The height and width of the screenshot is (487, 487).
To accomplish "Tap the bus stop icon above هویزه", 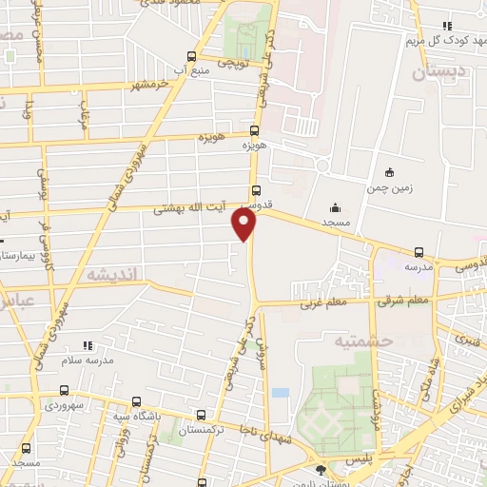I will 254,131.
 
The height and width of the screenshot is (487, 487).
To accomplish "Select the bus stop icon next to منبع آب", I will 192,56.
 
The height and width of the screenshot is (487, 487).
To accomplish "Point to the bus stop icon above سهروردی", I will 64,390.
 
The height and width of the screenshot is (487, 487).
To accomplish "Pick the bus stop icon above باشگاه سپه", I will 137,401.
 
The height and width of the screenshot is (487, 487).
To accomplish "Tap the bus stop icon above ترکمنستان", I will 201,415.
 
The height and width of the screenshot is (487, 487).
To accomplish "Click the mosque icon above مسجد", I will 334,208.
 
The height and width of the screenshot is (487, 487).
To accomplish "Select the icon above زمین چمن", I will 388,172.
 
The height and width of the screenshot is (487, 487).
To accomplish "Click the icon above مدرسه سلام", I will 88,344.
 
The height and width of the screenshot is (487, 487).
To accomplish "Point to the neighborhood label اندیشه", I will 113,274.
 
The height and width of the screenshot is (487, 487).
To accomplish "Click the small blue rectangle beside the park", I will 280,392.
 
